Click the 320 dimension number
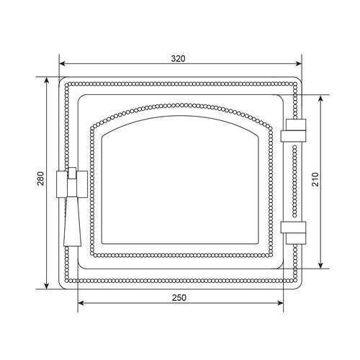[178, 58]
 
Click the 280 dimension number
[41, 179]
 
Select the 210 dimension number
[315, 179]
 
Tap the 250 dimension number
[179, 298]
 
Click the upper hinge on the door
[293, 130]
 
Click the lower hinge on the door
[293, 233]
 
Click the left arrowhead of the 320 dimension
[63, 63]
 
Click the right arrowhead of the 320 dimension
[299, 63]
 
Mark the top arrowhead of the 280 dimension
[47, 81]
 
